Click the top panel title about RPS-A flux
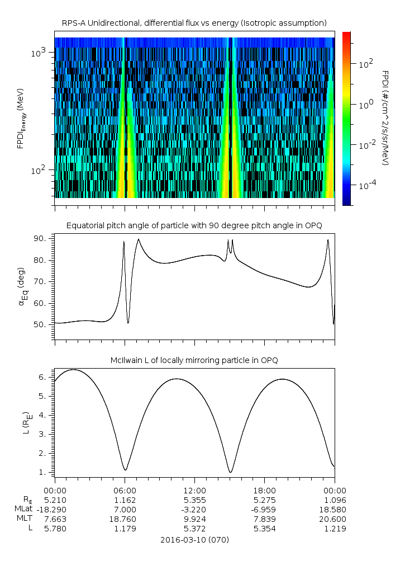(x=194, y=22)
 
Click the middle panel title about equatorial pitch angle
(x=194, y=225)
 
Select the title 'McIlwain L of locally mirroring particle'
(x=194, y=360)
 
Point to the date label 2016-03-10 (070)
(x=194, y=540)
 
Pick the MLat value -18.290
(x=55, y=509)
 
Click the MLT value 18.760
(x=125, y=519)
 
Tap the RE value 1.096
(x=335, y=499)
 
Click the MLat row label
(x=24, y=509)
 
